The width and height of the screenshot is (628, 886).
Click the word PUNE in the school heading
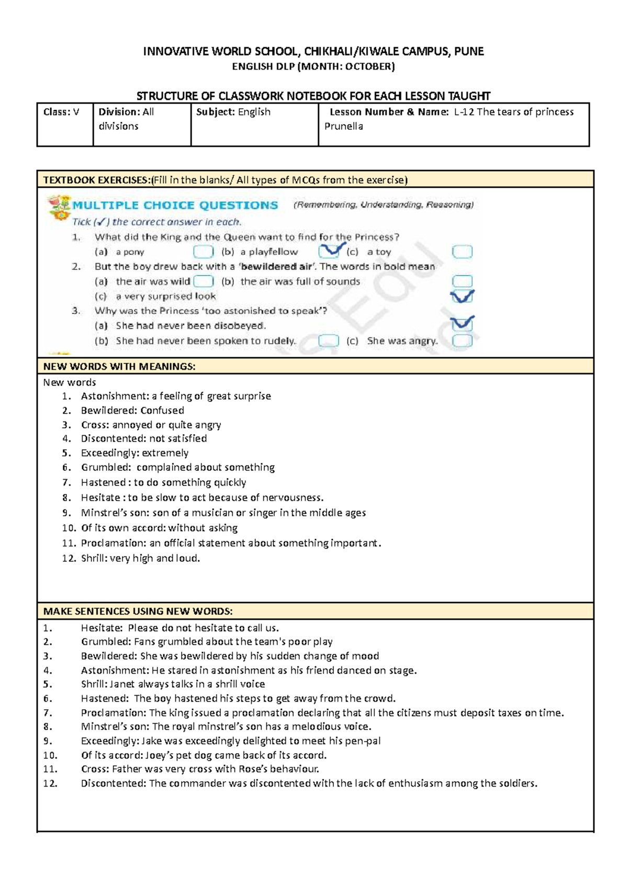(469, 51)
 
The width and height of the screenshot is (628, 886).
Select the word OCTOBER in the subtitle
(368, 66)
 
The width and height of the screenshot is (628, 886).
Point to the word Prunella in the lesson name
(344, 126)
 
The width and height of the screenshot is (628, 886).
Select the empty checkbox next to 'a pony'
(203, 252)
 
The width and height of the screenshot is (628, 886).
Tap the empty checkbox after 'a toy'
(462, 252)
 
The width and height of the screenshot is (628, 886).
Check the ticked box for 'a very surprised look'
(462, 297)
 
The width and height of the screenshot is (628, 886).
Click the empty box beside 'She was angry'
(462, 341)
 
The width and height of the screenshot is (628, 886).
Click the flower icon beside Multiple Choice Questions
(59, 207)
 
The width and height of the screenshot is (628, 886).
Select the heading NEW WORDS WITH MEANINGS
(119, 367)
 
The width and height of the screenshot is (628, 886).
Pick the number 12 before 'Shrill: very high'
(69, 558)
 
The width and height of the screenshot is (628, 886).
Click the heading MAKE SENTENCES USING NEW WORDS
(138, 611)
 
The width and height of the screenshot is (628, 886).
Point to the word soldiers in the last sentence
(518, 783)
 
